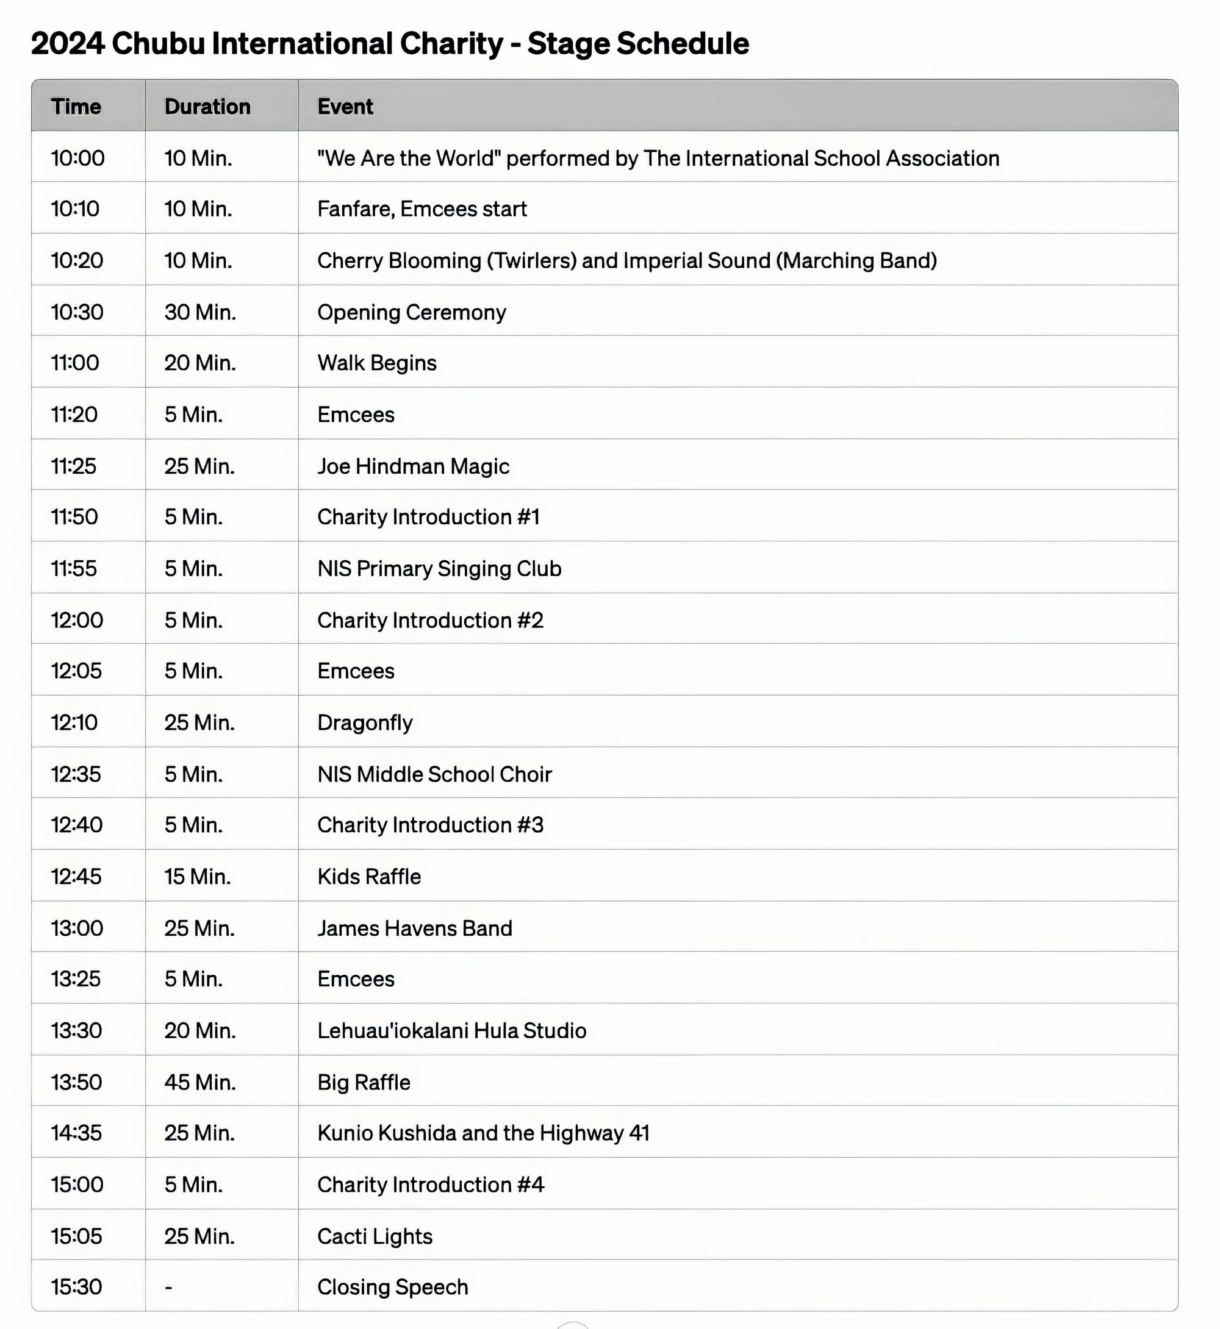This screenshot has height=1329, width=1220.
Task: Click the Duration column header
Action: (207, 107)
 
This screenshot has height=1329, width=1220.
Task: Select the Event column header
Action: (345, 107)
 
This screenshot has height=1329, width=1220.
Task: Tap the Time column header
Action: (76, 107)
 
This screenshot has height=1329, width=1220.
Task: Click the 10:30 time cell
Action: (77, 312)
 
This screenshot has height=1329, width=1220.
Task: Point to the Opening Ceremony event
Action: (411, 312)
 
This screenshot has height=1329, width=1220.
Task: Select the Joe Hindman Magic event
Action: (412, 466)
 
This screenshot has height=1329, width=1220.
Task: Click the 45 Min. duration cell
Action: (200, 1082)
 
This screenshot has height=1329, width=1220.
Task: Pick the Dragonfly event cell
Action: (364, 722)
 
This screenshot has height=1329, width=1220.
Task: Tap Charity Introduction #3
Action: (430, 825)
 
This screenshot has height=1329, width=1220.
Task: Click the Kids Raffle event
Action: (369, 876)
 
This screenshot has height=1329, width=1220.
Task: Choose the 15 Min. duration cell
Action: (198, 876)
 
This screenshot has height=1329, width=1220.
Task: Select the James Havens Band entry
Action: (415, 928)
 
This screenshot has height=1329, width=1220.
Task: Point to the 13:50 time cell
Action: (77, 1082)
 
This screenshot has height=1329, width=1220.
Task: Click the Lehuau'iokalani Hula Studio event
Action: (451, 1031)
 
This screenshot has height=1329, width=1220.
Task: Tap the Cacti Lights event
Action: (375, 1236)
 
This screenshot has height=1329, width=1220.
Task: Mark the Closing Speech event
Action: (392, 1287)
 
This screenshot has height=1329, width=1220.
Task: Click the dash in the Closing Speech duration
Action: (169, 1288)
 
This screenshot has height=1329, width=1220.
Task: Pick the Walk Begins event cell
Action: (377, 363)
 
